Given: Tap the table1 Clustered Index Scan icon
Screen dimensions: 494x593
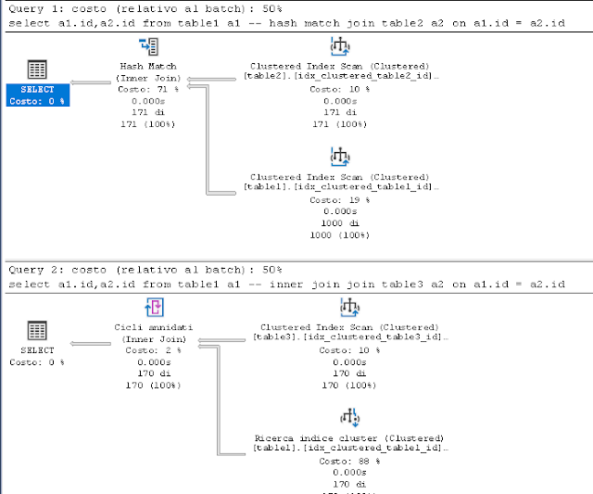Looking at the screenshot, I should coord(339,157).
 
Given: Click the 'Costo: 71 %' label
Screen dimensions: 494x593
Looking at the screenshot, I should coord(148,90).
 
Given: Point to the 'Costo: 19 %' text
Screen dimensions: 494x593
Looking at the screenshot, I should coord(339,199).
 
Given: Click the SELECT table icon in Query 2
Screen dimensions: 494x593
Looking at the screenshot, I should coord(37,332).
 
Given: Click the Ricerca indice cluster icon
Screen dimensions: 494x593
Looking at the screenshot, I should coord(350,416).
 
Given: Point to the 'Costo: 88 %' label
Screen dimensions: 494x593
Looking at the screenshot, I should coord(350,461).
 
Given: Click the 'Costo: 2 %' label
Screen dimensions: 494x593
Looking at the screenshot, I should coord(154,351).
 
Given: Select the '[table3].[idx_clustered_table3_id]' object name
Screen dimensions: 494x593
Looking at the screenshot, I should coord(350,337).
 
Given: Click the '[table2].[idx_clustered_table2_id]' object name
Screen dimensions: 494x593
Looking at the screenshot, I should coord(339,76).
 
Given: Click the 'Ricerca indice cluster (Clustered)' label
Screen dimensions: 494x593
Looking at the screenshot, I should coord(350,437).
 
